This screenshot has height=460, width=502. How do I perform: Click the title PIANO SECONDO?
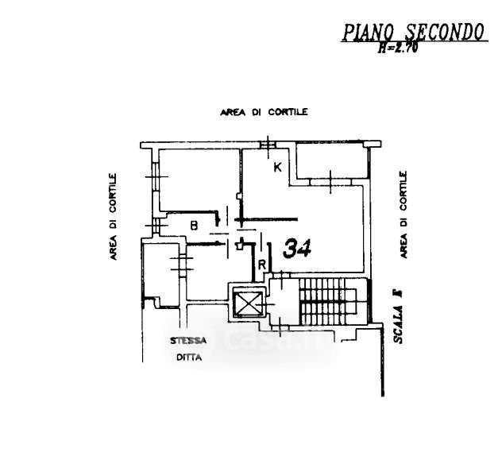point(413,32)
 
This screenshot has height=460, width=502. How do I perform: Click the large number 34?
point(296,249)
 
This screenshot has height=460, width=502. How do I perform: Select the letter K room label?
point(277,168)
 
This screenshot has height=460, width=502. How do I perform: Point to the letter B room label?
point(193,226)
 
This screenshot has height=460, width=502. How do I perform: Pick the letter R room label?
point(261,265)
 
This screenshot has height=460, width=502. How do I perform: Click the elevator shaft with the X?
point(249,302)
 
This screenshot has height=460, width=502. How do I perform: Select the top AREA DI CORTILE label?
point(264,113)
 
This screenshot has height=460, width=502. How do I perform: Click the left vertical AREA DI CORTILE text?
point(114,217)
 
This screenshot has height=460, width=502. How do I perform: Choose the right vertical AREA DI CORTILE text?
point(404,215)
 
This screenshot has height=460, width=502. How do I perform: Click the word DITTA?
point(190,358)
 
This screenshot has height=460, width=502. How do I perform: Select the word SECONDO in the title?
point(446,32)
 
